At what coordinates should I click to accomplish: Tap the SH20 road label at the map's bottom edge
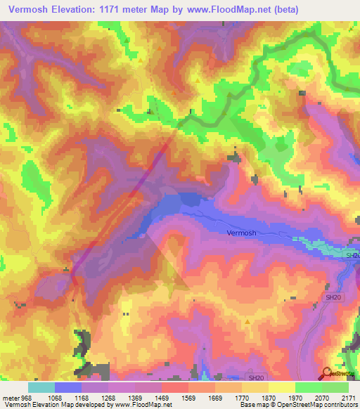tap(257, 377)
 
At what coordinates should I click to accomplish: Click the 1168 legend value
tap(99, 398)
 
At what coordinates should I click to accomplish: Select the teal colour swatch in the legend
tap(41, 387)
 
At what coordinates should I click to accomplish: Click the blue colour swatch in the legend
tap(67, 387)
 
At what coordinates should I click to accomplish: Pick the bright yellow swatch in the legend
tap(281, 387)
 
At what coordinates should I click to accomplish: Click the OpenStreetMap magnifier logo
tap(326, 372)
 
